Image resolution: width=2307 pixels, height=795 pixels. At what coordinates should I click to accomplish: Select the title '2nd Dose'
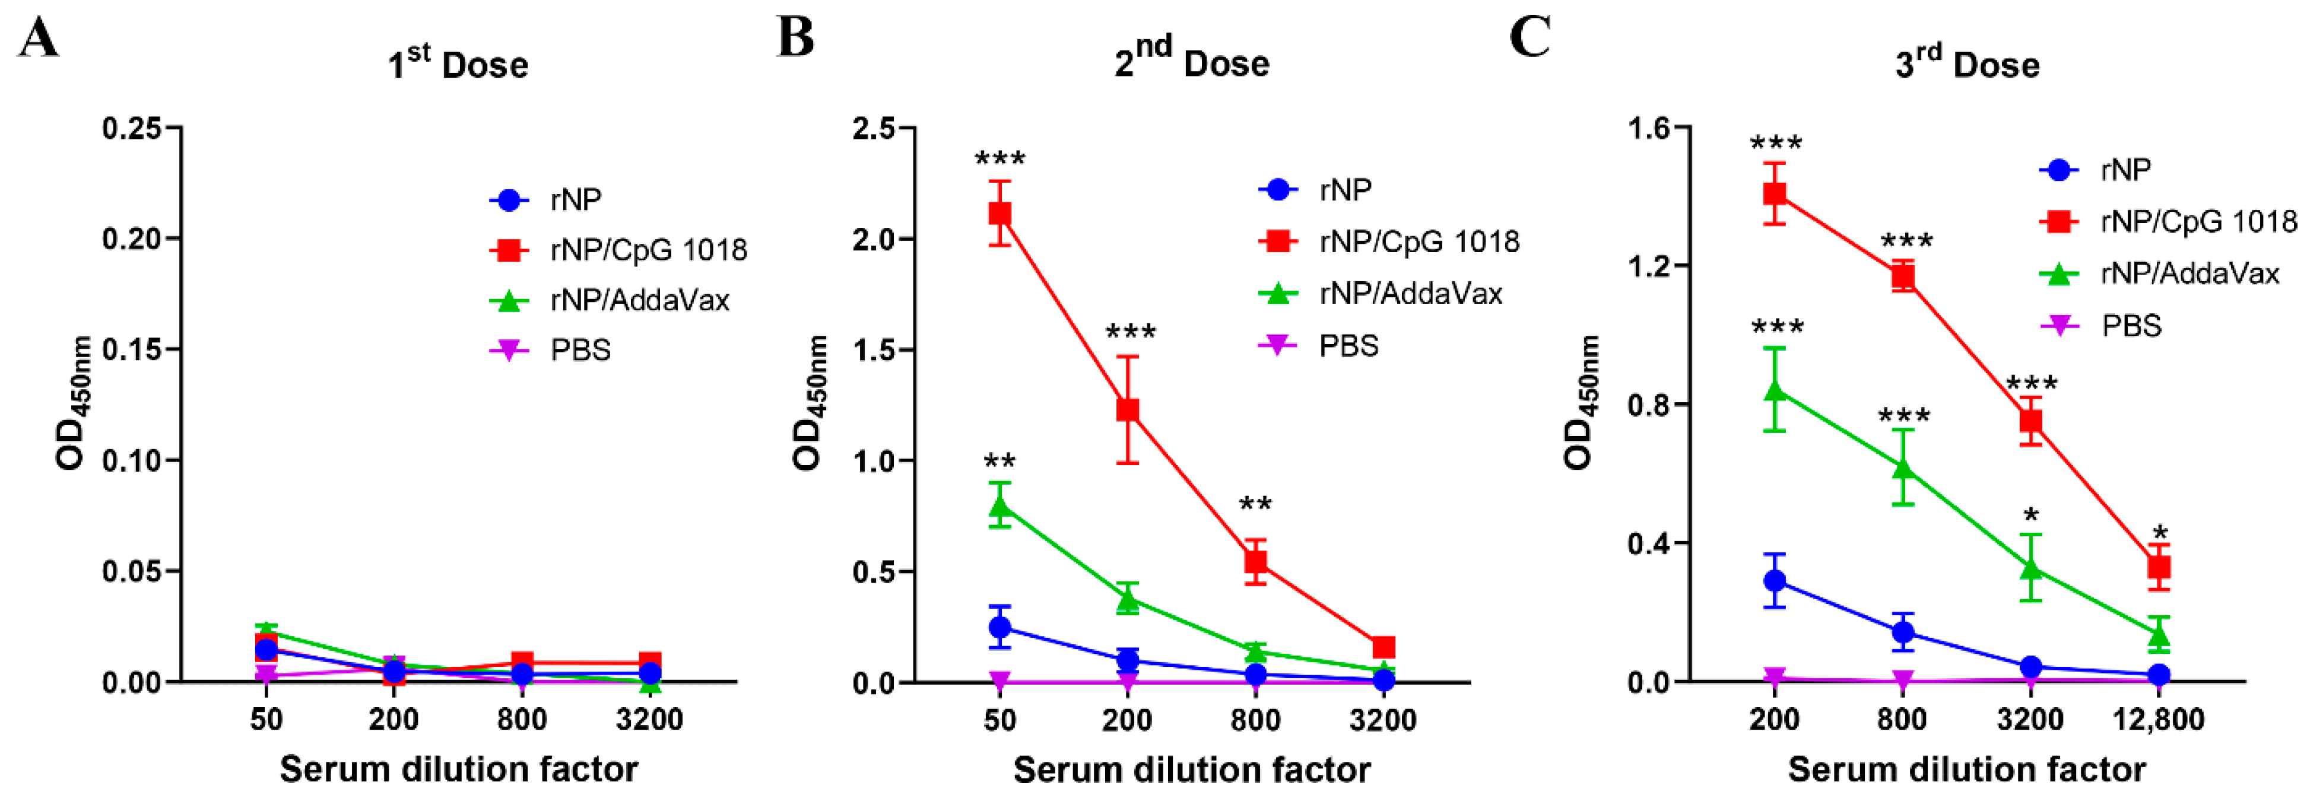tap(1191, 61)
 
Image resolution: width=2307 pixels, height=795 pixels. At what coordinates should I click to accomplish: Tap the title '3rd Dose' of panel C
tap(1967, 63)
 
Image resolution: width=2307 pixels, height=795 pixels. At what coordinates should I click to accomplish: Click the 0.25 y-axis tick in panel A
tap(132, 128)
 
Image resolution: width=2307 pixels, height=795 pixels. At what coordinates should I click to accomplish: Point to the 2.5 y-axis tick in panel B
tap(874, 128)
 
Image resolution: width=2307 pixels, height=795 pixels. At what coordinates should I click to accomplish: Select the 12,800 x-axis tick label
tap(2159, 719)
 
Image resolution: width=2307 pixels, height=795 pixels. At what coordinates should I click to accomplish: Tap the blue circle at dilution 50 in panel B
tap(1000, 627)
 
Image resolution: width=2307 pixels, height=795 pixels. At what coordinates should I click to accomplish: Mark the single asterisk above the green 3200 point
tap(2031, 517)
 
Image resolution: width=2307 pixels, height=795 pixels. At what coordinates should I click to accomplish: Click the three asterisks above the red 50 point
tap(1000, 160)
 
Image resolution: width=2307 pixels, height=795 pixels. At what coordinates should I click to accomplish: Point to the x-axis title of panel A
tap(459, 769)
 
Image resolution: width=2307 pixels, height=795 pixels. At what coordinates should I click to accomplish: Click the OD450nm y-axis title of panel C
tap(1580, 403)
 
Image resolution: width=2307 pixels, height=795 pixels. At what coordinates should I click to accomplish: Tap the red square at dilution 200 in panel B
tap(1128, 409)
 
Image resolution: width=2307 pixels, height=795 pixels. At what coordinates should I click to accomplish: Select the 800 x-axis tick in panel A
tap(522, 719)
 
